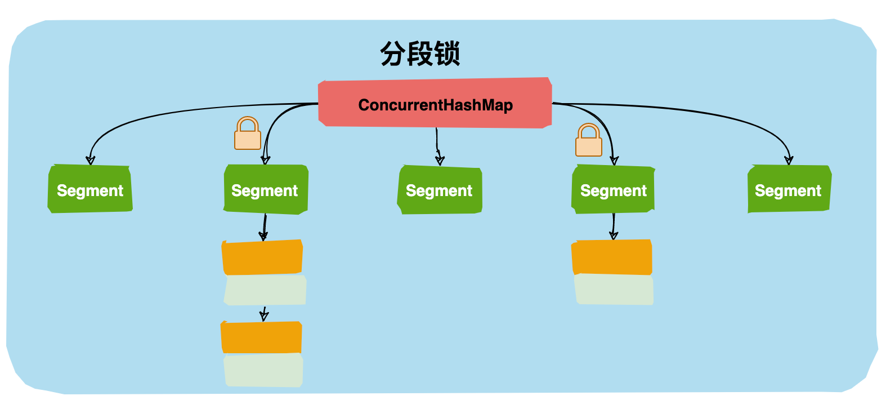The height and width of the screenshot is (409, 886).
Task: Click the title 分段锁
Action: click(x=420, y=54)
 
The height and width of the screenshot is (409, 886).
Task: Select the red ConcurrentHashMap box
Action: click(x=435, y=104)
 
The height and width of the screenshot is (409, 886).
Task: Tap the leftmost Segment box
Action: click(x=90, y=190)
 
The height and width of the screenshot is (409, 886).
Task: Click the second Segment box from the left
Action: click(x=265, y=190)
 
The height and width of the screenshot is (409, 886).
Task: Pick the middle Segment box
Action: click(x=440, y=190)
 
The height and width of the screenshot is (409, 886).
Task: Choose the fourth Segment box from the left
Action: click(x=614, y=190)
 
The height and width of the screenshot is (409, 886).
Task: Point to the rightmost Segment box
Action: click(x=789, y=190)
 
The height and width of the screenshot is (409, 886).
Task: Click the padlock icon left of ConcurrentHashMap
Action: click(x=248, y=134)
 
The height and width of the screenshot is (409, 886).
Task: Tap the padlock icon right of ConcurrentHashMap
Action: click(x=589, y=140)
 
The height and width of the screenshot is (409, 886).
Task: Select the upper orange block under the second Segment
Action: click(x=263, y=257)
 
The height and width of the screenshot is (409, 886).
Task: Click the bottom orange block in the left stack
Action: click(x=262, y=337)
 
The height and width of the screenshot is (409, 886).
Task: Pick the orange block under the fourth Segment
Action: click(x=612, y=257)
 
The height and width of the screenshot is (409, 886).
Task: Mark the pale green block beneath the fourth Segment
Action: click(x=614, y=289)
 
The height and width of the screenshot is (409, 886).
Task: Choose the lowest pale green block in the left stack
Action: click(x=263, y=370)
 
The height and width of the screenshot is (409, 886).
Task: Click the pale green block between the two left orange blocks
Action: click(x=265, y=290)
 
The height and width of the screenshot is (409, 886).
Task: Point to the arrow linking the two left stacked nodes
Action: click(x=263, y=314)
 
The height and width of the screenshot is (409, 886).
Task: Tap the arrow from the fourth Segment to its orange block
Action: click(x=614, y=226)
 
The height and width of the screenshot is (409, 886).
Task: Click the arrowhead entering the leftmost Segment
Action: click(x=90, y=160)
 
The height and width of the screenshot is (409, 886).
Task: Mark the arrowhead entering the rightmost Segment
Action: click(x=789, y=160)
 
